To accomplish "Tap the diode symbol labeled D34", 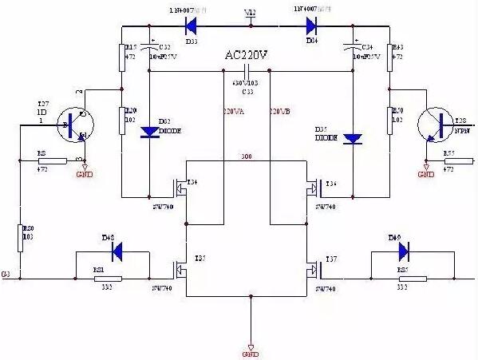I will (311, 25).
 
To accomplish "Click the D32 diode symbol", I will (149, 132).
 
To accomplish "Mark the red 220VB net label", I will (280, 111).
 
